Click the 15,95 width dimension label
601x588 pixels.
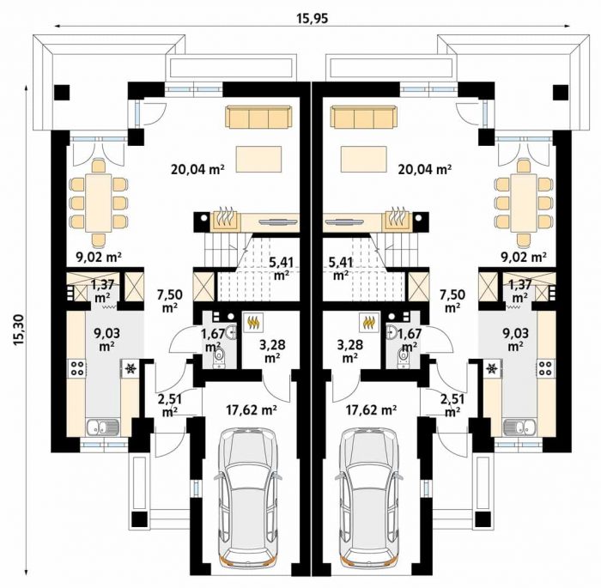click(x=313, y=18)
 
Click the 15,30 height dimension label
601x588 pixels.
click(x=18, y=331)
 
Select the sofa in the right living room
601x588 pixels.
click(x=363, y=117)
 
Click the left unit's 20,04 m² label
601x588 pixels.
click(x=197, y=168)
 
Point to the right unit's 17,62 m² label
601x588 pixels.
click(x=372, y=410)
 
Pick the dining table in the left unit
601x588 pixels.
click(x=99, y=203)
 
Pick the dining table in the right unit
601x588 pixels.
click(x=523, y=203)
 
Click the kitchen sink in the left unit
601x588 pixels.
click(x=103, y=427)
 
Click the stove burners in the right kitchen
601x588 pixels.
click(x=545, y=367)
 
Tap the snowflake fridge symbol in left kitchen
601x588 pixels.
click(x=131, y=368)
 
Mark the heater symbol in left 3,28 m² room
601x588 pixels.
click(x=252, y=323)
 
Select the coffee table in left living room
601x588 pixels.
click(x=258, y=159)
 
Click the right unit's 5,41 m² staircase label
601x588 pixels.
click(x=340, y=269)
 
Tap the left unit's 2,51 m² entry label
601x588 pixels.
click(x=169, y=405)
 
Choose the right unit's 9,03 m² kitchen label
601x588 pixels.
click(x=515, y=340)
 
